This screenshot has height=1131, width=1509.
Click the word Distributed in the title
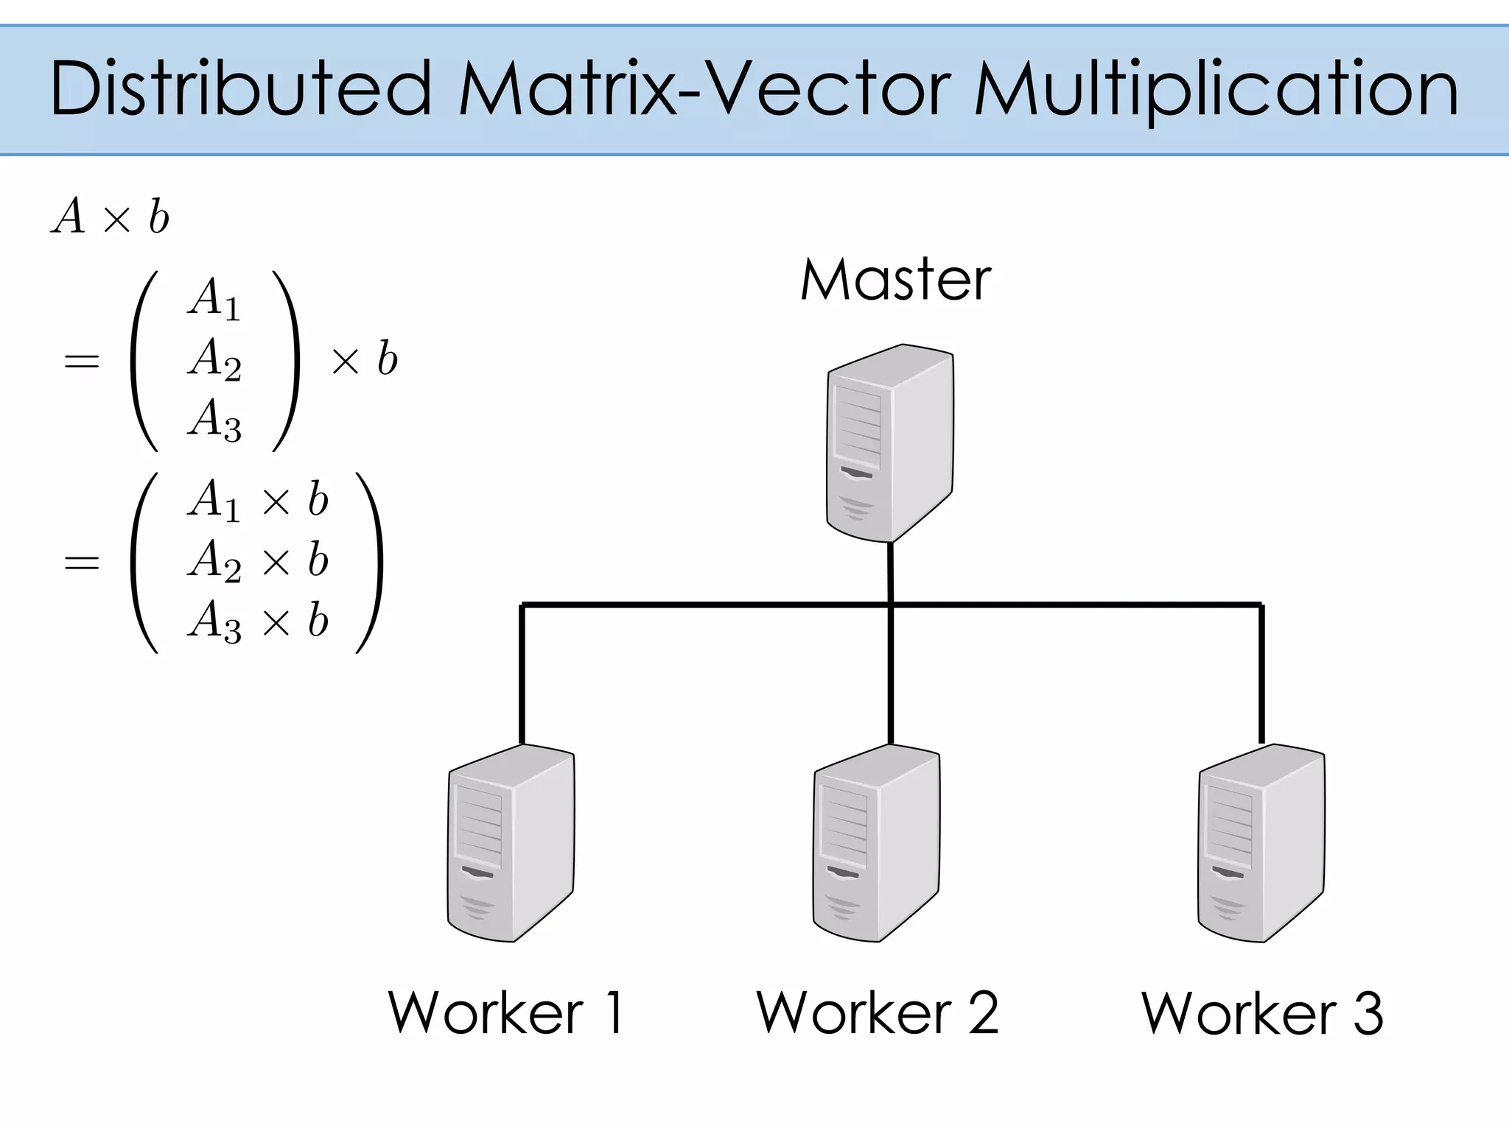(x=240, y=89)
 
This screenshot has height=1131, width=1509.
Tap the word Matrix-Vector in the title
(x=700, y=89)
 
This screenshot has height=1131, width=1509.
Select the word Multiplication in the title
(x=1216, y=91)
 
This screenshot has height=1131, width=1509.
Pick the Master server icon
(x=890, y=443)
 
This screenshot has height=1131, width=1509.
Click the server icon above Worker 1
(x=511, y=842)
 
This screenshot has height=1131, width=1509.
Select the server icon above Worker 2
(x=876, y=842)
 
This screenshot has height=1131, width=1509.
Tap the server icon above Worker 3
(x=1261, y=842)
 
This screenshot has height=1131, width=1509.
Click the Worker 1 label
(x=507, y=1013)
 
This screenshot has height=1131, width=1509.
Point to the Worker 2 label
(x=877, y=1013)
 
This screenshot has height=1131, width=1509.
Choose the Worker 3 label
(x=1262, y=1013)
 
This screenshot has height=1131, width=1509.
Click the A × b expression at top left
(x=111, y=217)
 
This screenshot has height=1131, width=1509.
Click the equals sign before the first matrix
(x=82, y=361)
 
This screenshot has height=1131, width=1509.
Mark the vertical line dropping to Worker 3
(x=1261, y=674)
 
